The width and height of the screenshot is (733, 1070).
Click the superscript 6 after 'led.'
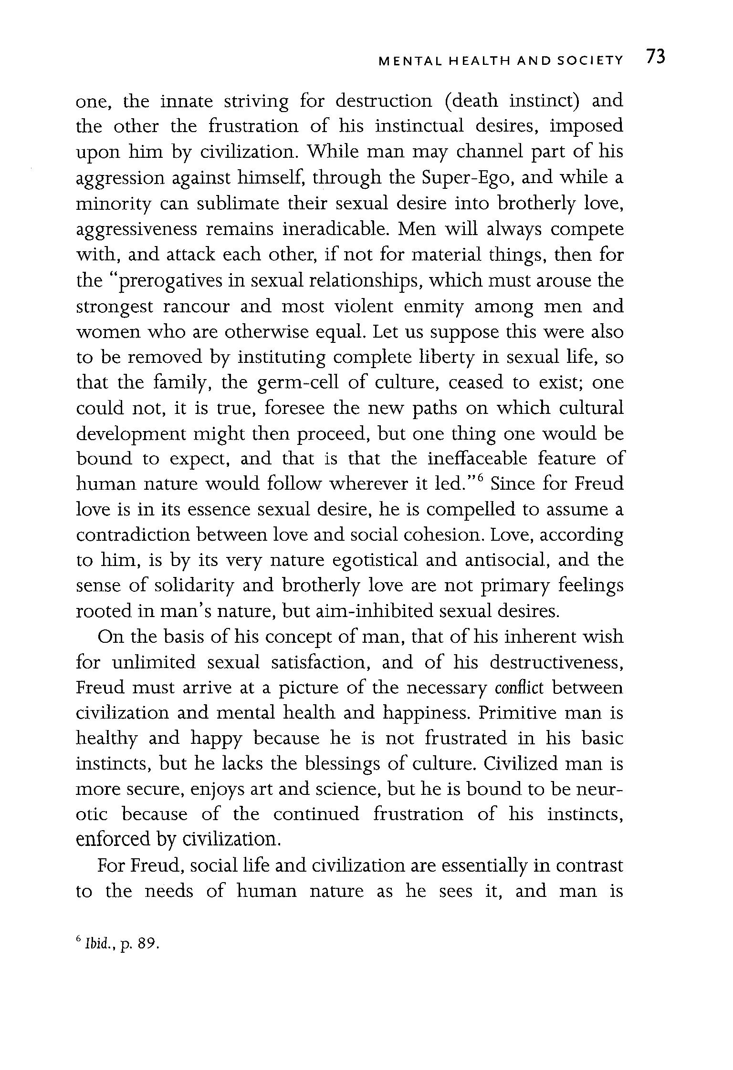click(481, 477)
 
